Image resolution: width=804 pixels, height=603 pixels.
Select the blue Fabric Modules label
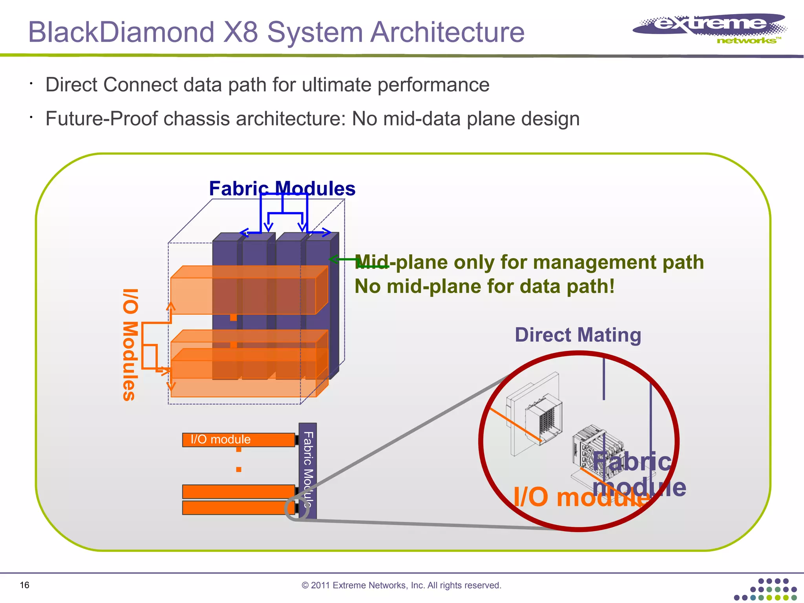pyautogui.click(x=282, y=188)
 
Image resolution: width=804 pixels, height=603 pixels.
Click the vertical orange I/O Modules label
pyautogui.click(x=130, y=345)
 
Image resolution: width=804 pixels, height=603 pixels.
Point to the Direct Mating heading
pyautogui.click(x=578, y=335)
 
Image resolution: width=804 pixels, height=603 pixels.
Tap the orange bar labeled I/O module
pyautogui.click(x=238, y=440)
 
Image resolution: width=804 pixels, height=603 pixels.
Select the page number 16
pyautogui.click(x=24, y=585)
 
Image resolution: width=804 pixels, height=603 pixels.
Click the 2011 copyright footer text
pyautogui.click(x=401, y=585)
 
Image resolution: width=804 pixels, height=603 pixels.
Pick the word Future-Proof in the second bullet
pyautogui.click(x=101, y=119)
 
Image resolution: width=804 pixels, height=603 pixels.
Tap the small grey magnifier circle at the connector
pyautogui.click(x=294, y=509)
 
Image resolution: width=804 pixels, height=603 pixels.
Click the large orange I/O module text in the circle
pyautogui.click(x=581, y=497)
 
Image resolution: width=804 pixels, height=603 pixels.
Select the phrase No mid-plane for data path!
pyautogui.click(x=484, y=286)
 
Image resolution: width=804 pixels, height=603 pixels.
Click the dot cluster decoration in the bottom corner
pyautogui.click(x=766, y=590)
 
